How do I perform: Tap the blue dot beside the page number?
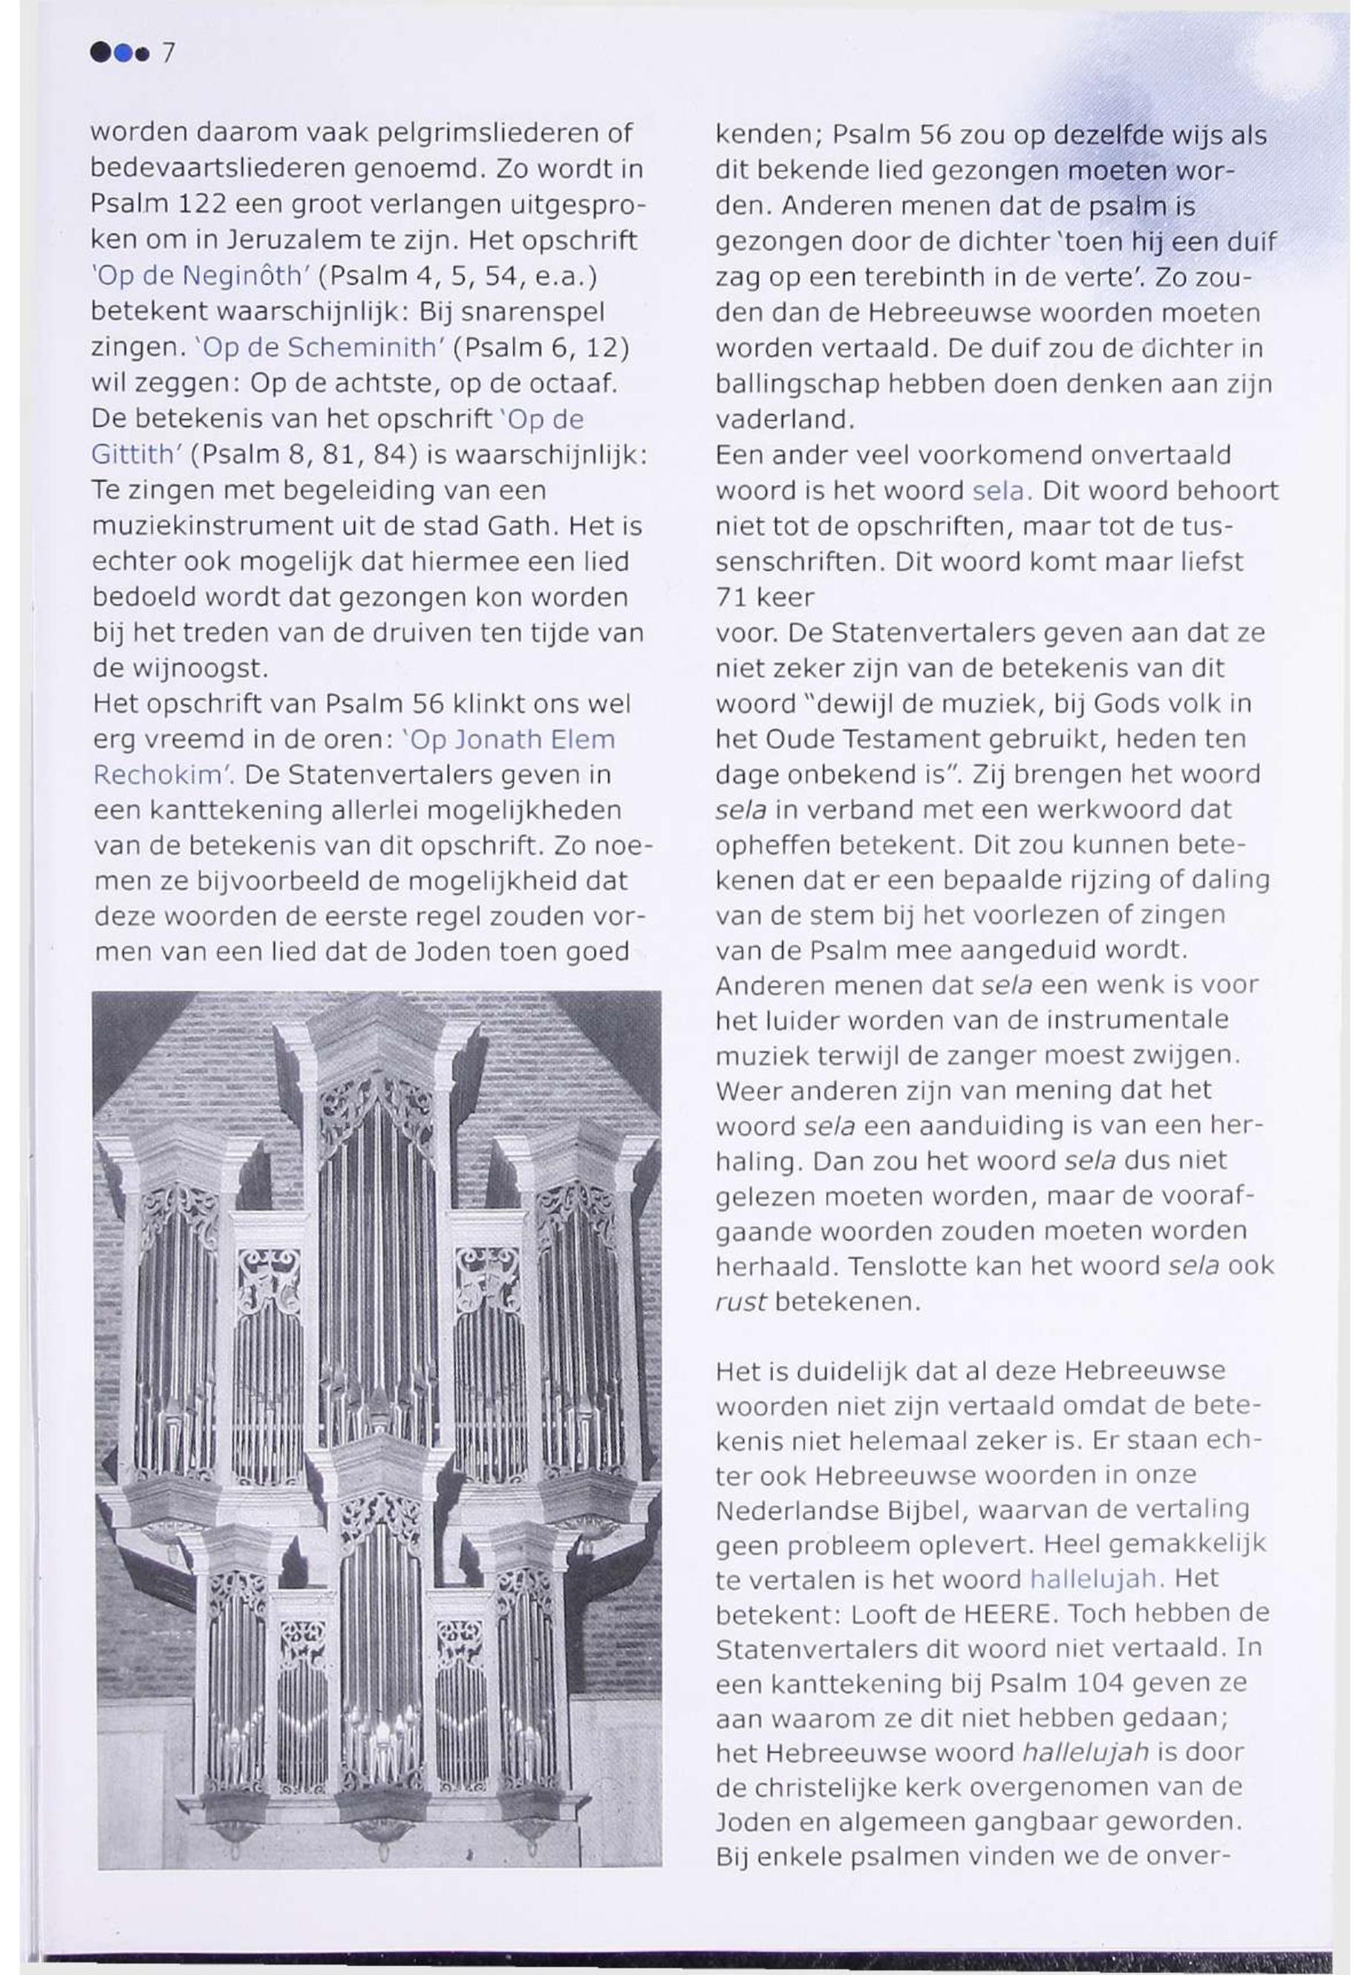tap(125, 54)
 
